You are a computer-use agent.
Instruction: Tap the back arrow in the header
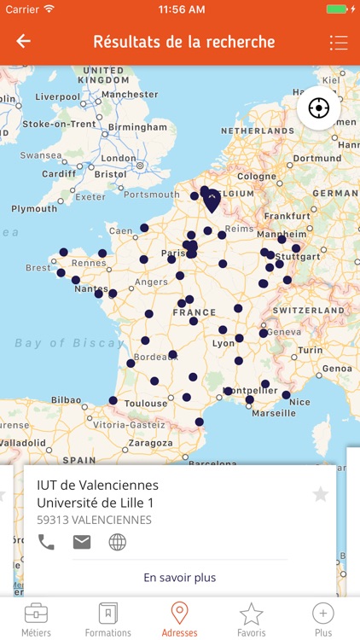23,41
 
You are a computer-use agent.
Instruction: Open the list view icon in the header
339,43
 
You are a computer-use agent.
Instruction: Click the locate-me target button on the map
319,108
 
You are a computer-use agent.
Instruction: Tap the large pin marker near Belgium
212,201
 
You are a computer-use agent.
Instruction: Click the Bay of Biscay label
70,343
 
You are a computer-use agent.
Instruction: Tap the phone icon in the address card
46,542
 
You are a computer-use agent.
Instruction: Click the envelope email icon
82,542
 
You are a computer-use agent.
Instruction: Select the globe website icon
117,542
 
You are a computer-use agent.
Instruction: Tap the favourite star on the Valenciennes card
321,494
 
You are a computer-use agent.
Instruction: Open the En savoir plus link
180,578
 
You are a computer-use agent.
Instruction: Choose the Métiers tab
36,620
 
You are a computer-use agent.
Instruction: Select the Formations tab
108,620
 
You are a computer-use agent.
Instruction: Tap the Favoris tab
251,620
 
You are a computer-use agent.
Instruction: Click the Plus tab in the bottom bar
323,620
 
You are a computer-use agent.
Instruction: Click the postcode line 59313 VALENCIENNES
95,520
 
